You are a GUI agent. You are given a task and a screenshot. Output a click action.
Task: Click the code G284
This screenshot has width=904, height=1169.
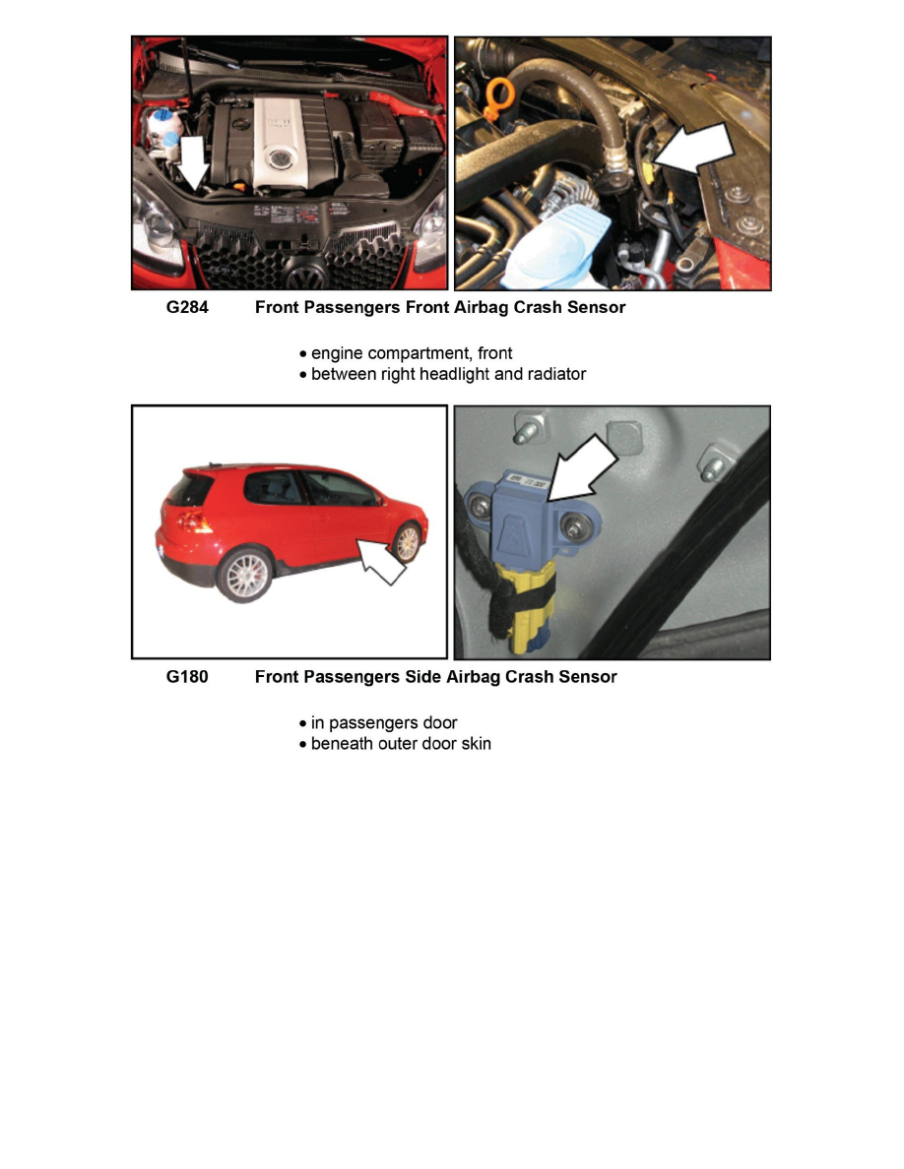[x=187, y=307]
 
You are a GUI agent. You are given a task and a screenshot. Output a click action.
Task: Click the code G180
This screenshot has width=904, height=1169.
[x=187, y=677]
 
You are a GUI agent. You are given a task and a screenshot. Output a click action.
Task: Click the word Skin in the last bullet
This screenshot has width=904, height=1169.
[x=475, y=743]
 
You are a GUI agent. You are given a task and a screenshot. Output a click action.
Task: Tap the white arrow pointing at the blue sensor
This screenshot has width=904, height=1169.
[x=582, y=468]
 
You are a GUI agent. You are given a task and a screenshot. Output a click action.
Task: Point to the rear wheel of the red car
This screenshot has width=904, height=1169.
[x=244, y=575]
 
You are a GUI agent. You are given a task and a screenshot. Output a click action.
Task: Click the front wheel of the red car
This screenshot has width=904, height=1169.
[x=407, y=542]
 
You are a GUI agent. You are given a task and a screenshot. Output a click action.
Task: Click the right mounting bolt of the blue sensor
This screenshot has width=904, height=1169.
[x=573, y=527]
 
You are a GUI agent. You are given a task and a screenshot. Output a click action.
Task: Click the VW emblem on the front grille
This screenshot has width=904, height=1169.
[x=306, y=277]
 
